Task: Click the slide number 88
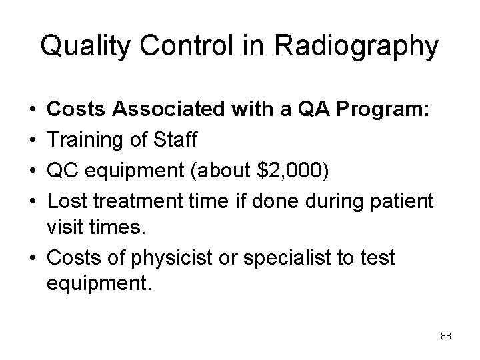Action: pos(446,337)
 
